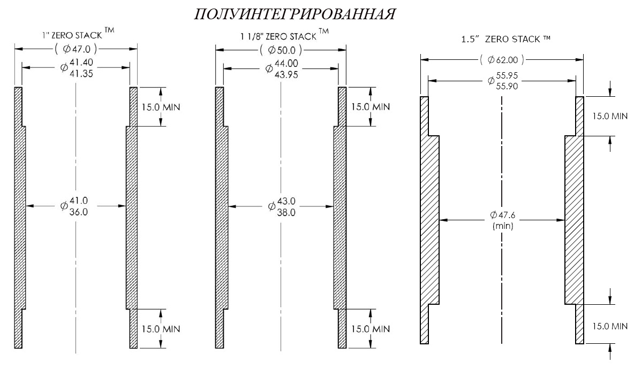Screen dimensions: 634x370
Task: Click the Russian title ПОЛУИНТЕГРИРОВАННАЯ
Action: coord(295,14)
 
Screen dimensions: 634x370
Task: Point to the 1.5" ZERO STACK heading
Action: coord(506,39)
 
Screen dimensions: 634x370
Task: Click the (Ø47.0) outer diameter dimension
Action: coord(76,49)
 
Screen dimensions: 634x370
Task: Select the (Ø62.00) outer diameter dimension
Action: coord(502,60)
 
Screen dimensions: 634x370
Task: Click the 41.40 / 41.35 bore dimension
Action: coord(77,67)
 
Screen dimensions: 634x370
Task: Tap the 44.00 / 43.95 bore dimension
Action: coord(282,68)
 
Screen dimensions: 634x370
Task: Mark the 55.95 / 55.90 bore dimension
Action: coord(503,80)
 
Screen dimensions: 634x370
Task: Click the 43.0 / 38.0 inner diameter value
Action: coord(282,206)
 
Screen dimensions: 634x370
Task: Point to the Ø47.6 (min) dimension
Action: coord(503,220)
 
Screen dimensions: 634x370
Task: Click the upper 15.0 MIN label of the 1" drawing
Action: coord(161,107)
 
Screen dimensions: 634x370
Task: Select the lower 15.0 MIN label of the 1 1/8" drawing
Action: coord(371,329)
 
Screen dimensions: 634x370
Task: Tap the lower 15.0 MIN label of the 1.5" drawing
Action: coord(610,326)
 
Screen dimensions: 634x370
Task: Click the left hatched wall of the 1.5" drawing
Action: coord(429,220)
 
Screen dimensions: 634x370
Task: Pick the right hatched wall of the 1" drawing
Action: coord(132,217)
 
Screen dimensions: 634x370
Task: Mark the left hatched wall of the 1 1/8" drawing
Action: coord(221,217)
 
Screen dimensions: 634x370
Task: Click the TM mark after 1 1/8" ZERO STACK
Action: coord(323,31)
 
